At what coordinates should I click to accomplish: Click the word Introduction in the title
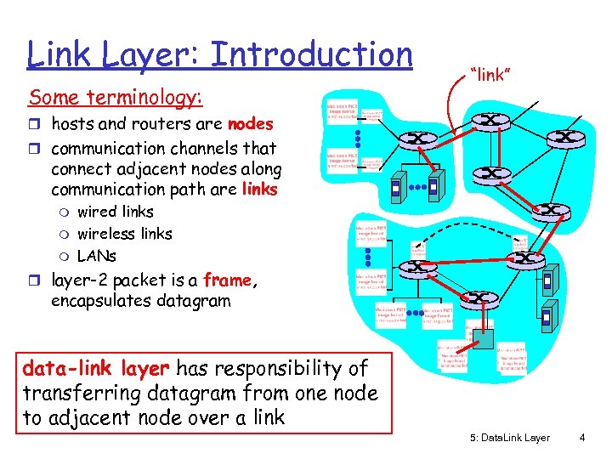point(311,55)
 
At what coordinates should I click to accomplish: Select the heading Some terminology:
point(116,99)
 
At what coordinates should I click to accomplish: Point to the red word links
point(260,189)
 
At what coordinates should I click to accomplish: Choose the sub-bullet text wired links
point(115,212)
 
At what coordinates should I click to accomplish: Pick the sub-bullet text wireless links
point(124,234)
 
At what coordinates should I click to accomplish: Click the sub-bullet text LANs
point(96,256)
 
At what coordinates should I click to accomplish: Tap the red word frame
point(227,280)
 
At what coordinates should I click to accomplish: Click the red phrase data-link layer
point(96,369)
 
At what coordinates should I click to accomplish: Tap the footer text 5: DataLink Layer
point(509,438)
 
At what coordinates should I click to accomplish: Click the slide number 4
point(581,438)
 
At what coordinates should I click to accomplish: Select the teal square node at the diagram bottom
point(483,337)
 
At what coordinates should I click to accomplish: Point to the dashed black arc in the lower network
point(459,228)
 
